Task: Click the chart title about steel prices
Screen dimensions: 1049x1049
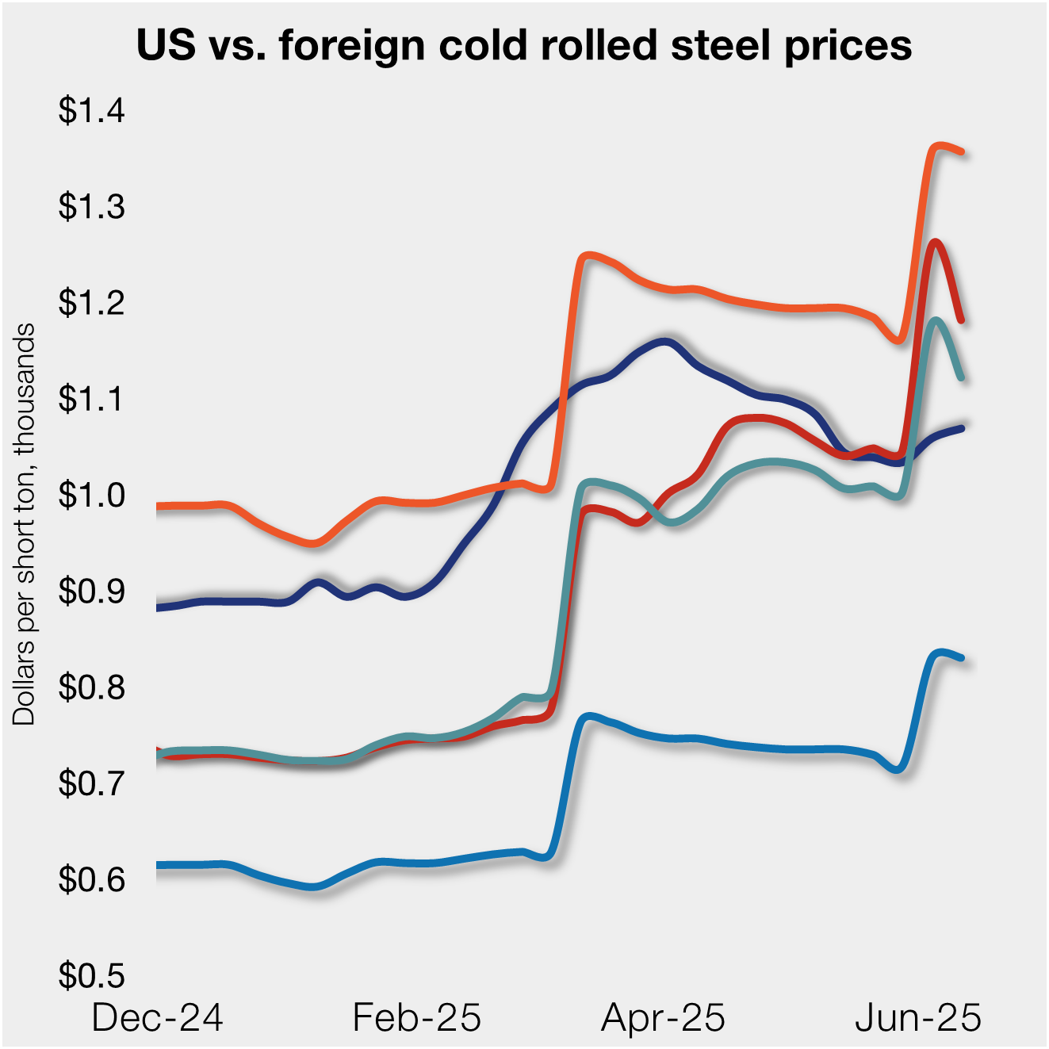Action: coord(524,45)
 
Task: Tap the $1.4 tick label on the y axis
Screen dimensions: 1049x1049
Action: coord(91,110)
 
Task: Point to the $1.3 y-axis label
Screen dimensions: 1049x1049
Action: coord(91,206)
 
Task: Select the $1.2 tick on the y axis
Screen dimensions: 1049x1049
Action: coord(91,302)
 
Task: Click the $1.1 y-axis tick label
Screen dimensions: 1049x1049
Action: coord(91,398)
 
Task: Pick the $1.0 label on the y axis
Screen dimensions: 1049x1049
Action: coord(91,495)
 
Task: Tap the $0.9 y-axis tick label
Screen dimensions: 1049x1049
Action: coord(91,591)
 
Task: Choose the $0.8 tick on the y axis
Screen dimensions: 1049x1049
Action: coord(91,687)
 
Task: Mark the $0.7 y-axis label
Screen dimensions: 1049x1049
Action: coord(91,783)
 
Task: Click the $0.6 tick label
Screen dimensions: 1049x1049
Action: coord(91,879)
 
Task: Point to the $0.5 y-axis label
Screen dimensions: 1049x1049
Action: coord(91,975)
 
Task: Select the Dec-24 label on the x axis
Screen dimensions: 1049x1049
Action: coord(157,1017)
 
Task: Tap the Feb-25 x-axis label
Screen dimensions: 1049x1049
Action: coord(416,1017)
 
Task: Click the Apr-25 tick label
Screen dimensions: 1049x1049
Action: coord(663,1017)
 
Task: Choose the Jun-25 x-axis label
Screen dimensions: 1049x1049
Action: coord(917,1017)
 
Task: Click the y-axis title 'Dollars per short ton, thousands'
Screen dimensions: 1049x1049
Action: coord(24,523)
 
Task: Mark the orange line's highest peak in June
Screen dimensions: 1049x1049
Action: coord(938,146)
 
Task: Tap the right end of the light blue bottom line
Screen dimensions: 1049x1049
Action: coord(961,657)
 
